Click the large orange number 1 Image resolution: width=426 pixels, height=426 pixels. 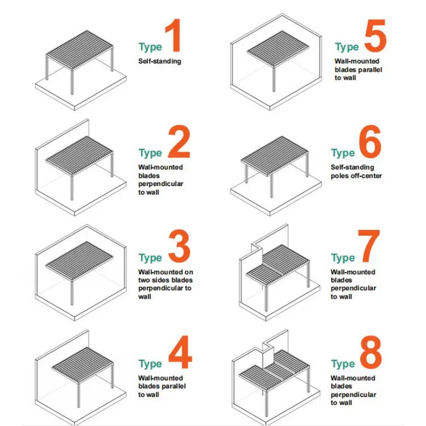point(174,35)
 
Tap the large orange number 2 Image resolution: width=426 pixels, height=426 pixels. point(179,142)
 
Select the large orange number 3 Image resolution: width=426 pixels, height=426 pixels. point(179,246)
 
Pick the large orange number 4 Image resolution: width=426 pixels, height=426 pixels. point(180,352)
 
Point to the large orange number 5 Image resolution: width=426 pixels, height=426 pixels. point(375,36)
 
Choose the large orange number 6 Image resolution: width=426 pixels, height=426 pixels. point(370,142)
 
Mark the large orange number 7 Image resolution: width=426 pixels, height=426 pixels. point(368,246)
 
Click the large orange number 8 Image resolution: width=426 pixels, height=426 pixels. point(371,352)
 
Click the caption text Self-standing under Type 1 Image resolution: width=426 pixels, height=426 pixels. point(160,61)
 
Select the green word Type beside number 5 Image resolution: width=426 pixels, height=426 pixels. point(347,47)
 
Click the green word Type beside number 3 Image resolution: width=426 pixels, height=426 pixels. point(150,258)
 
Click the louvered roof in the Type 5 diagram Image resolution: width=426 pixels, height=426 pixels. point(278,48)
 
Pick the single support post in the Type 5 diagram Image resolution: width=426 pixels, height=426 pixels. point(274,79)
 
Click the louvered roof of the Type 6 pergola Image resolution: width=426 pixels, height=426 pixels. point(275,155)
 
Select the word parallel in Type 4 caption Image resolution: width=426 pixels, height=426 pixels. point(174,386)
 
